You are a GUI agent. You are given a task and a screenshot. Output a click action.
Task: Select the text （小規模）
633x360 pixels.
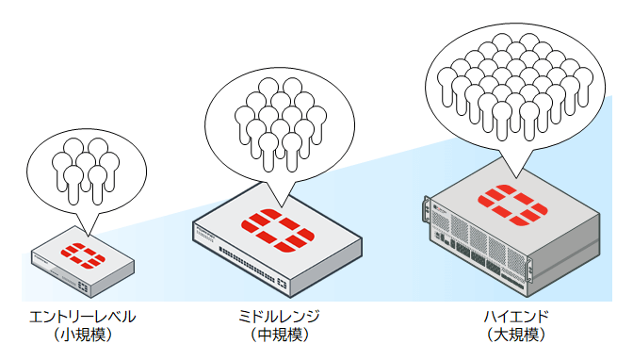coord(83,334)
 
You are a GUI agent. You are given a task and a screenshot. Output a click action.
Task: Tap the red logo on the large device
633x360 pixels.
coord(508,199)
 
